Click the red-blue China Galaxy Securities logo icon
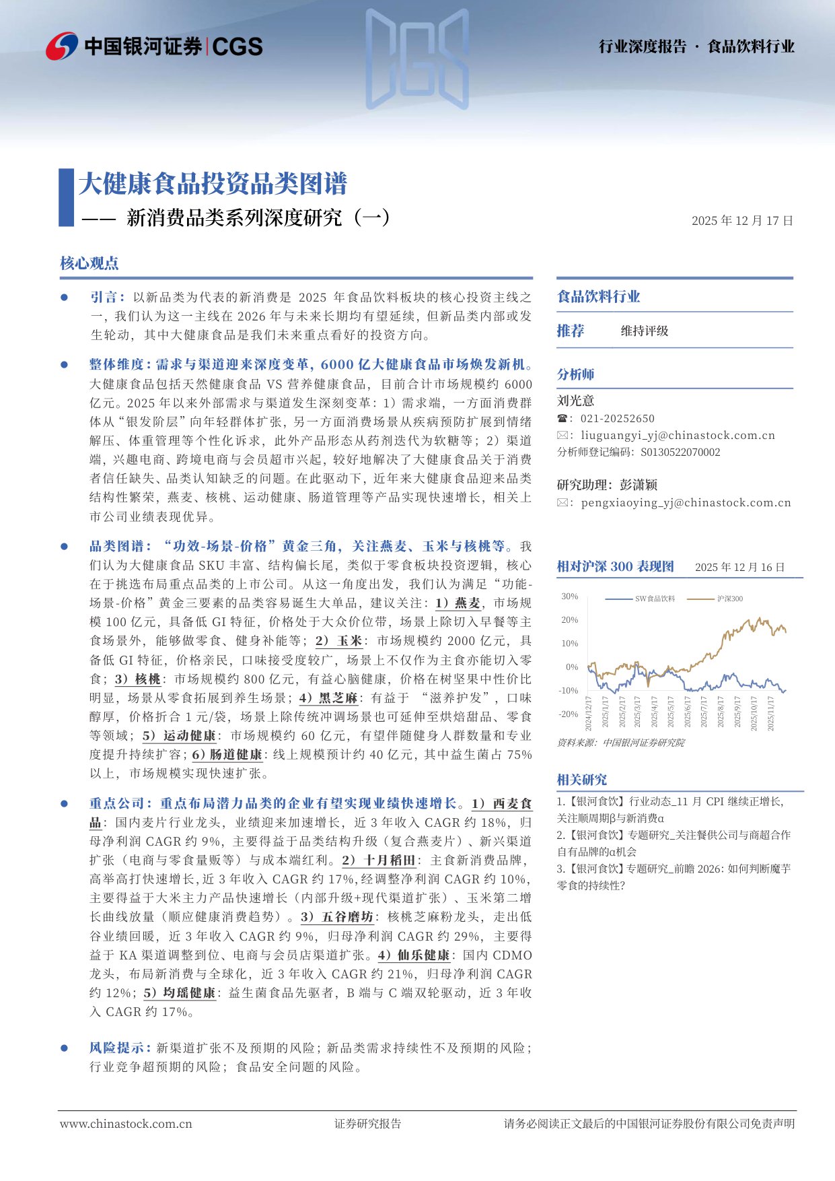[62, 46]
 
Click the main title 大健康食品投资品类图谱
[213, 184]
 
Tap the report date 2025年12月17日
[742, 220]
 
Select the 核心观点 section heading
[89, 263]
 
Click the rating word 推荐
[571, 331]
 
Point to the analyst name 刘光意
[575, 401]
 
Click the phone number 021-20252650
[617, 418]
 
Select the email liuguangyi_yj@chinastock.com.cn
[678, 436]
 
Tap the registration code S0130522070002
[680, 452]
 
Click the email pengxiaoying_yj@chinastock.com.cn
[686, 502]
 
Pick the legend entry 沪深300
[729, 599]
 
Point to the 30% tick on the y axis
[569, 597]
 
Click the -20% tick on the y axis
[569, 714]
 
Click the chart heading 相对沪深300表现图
[615, 566]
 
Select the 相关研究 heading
[581, 780]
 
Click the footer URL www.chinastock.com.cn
[126, 1124]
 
